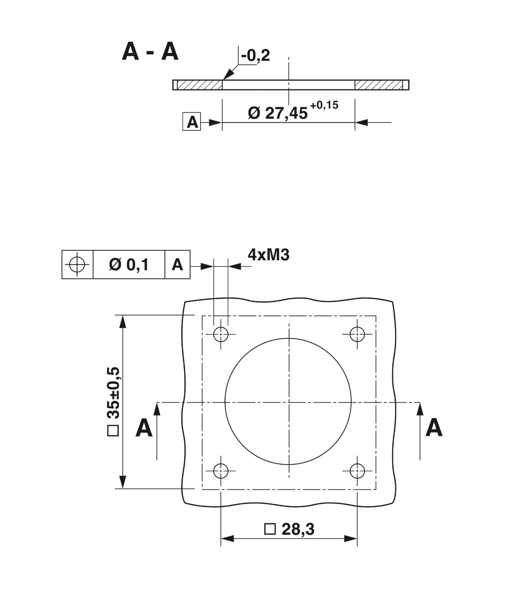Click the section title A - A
click(150, 52)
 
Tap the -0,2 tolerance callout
click(255, 55)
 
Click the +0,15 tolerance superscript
click(324, 105)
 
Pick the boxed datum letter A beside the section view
click(191, 122)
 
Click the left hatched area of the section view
click(200, 85)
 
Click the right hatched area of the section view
click(378, 85)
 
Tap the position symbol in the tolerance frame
click(77, 264)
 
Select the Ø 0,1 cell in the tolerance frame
click(129, 264)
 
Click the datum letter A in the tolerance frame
click(177, 264)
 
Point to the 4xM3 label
click(269, 255)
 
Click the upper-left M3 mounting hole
click(221, 334)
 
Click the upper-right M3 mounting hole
click(357, 334)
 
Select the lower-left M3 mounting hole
click(221, 471)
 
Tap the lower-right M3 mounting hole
click(357, 471)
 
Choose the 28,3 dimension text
click(298, 529)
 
